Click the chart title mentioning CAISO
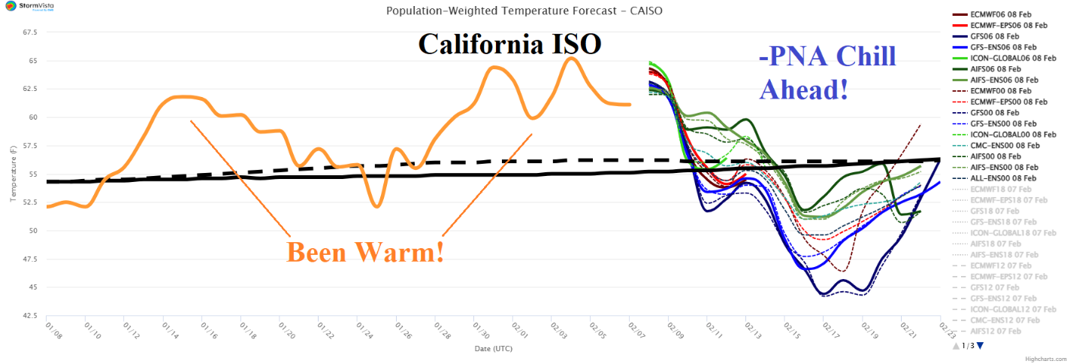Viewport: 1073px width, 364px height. [x=524, y=11]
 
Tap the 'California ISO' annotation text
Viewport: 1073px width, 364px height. [x=509, y=44]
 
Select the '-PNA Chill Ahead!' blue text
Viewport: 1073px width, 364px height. [x=827, y=73]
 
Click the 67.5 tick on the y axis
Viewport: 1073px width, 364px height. [x=29, y=32]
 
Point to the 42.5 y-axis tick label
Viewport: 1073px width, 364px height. [x=29, y=315]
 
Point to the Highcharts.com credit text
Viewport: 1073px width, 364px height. [x=1049, y=359]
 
